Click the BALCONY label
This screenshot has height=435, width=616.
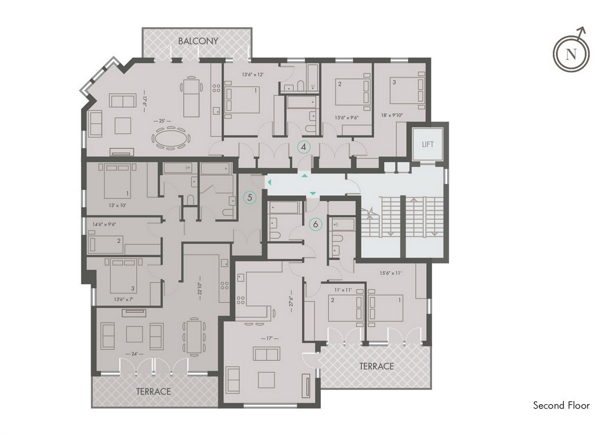point(198,41)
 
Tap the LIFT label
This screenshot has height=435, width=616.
point(428,144)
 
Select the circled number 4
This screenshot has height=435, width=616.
point(303,147)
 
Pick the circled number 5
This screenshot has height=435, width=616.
point(250,197)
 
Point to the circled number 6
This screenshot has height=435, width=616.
point(315,224)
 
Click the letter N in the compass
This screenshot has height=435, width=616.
point(571,54)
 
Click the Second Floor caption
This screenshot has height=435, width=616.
point(561,405)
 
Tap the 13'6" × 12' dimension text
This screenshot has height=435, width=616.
point(253,74)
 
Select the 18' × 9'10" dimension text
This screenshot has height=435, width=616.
point(392,115)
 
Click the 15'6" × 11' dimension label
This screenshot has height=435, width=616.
point(391,273)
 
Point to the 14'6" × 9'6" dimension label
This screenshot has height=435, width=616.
point(104,224)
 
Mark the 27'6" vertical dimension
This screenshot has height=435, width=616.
point(291,301)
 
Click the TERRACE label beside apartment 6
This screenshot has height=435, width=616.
point(376,366)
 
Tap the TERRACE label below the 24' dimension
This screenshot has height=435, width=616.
point(153,391)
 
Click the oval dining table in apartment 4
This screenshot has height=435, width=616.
point(171,138)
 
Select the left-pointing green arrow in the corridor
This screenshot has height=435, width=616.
point(269,182)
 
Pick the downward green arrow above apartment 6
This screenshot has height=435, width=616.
point(313,193)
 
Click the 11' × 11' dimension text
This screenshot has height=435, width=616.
point(343,290)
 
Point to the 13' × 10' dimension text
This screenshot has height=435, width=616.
point(117,205)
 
